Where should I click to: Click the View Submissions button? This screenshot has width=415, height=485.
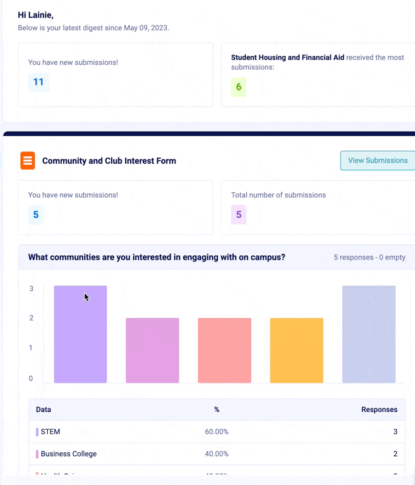[x=377, y=161]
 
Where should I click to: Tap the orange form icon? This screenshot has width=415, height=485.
[x=28, y=161]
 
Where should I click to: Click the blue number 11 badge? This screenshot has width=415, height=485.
[x=38, y=82]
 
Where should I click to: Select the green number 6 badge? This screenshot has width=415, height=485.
[x=238, y=87]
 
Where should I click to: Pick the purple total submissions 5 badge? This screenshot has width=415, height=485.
[x=238, y=214]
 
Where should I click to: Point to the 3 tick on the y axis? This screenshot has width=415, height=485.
[x=32, y=289]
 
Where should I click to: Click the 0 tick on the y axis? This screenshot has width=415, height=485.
[x=32, y=378]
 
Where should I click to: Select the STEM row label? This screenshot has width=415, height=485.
[x=50, y=432]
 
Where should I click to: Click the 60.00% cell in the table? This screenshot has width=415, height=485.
[x=217, y=432]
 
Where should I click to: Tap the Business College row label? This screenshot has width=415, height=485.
[x=69, y=453]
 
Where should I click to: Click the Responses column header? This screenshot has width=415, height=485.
[x=379, y=409]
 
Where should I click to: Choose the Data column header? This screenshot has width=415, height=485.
[x=44, y=409]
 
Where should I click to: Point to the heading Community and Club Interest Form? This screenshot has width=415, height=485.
[x=109, y=161]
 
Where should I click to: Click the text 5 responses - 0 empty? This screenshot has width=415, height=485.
[x=369, y=257]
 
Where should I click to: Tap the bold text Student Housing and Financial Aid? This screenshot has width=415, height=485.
[x=288, y=58]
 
